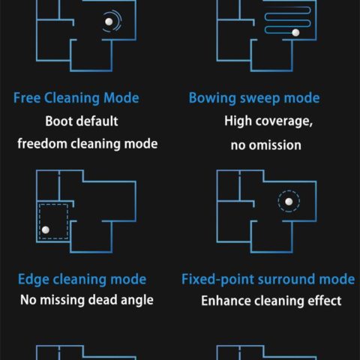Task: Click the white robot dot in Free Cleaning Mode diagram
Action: tap(109, 22)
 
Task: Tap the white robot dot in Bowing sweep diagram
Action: tap(295, 32)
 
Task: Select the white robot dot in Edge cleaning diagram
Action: tap(46, 229)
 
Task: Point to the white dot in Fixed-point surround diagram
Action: tap(289, 202)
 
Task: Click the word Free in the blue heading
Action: tap(27, 97)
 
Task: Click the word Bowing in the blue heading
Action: tap(212, 98)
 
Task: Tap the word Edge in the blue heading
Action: tap(33, 280)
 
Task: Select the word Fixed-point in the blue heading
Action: tap(217, 280)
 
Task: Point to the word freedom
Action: tap(42, 144)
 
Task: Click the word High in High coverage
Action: tap(238, 121)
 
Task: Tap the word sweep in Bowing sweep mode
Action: tap(260, 98)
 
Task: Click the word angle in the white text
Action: tap(137, 300)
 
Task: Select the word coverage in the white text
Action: tap(284, 121)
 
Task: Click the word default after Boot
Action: tap(97, 121)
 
